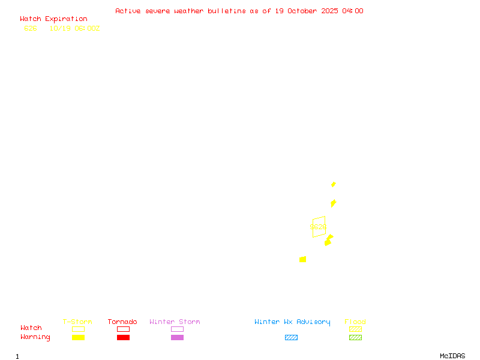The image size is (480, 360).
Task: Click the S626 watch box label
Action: pyautogui.click(x=318, y=227)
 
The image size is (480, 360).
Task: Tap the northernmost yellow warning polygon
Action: pyautogui.click(x=334, y=184)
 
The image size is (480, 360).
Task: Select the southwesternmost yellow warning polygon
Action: pyautogui.click(x=303, y=259)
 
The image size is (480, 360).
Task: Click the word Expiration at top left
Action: pyautogui.click(x=66, y=19)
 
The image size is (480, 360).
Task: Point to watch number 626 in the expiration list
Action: pyautogui.click(x=31, y=28)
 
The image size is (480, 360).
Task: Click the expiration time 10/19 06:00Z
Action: pyautogui.click(x=74, y=28)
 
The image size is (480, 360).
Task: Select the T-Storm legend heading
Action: pyautogui.click(x=77, y=322)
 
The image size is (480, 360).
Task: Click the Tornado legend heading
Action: pyautogui.click(x=122, y=322)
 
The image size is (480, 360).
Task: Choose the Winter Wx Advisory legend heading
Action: pyautogui.click(x=292, y=322)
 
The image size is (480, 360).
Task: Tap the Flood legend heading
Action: pyautogui.click(x=355, y=322)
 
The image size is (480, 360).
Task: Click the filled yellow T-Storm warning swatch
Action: pyautogui.click(x=78, y=338)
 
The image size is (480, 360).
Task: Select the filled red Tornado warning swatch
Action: pyautogui.click(x=123, y=338)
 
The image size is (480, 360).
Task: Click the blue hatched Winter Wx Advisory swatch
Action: pyautogui.click(x=291, y=338)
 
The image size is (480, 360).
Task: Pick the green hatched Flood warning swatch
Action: pyautogui.click(x=355, y=338)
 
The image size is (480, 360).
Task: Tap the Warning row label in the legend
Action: pyautogui.click(x=35, y=337)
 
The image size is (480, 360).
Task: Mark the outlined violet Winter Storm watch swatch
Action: pyautogui.click(x=177, y=329)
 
